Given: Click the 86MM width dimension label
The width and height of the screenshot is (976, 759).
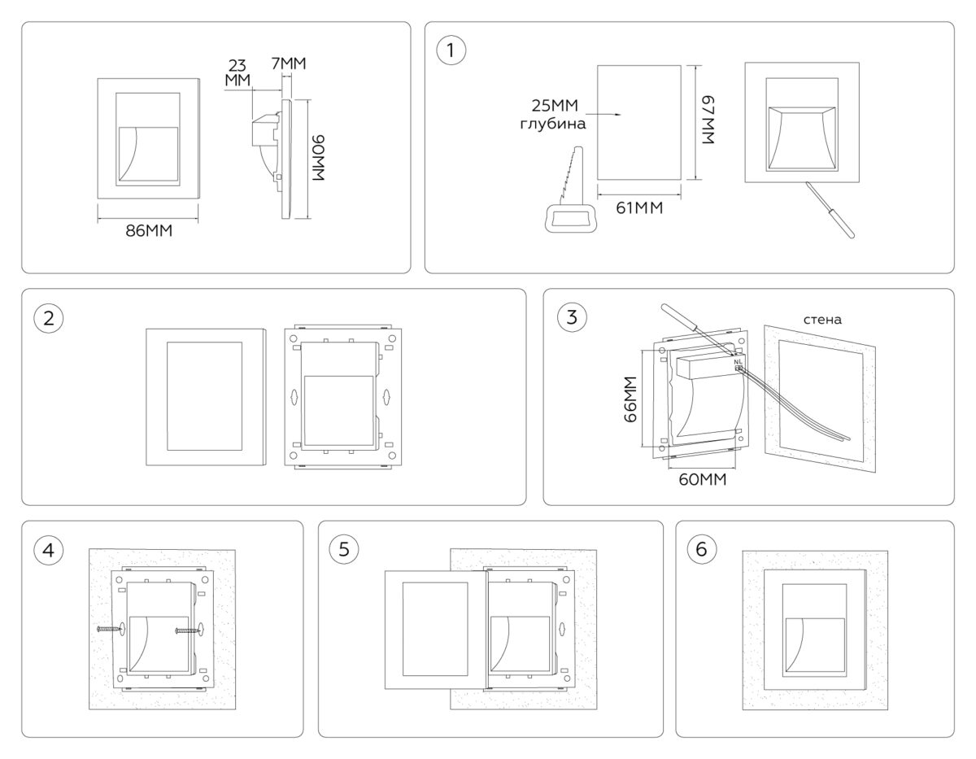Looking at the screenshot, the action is click(149, 231).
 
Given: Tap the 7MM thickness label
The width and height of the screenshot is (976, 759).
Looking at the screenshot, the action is click(289, 63).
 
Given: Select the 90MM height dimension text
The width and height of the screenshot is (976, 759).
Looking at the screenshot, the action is click(318, 158).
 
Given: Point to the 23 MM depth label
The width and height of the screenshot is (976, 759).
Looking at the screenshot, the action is click(237, 72).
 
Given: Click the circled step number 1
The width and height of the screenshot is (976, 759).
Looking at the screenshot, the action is click(451, 50).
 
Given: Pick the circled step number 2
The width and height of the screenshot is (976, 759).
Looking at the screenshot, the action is click(49, 318).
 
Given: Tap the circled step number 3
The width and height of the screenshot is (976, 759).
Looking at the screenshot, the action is click(572, 317).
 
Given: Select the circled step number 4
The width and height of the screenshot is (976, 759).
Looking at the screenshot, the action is click(49, 550).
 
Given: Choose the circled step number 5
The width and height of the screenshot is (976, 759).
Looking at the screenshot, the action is click(343, 549).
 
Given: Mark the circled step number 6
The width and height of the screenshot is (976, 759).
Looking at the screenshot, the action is click(702, 549).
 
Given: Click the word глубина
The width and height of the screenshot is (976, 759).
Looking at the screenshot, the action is click(553, 124).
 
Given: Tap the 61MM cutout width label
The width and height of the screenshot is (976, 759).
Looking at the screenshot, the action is click(639, 208).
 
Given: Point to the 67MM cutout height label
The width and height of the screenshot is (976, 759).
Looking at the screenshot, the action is click(708, 120).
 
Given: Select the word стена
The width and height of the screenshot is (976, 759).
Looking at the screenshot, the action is click(822, 320).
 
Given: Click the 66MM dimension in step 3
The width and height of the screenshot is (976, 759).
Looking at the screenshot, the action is click(630, 399).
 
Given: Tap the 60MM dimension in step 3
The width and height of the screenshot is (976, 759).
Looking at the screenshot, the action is click(703, 480).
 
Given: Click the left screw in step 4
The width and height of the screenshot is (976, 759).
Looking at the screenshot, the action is click(109, 629).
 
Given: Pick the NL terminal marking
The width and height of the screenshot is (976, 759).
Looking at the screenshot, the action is click(738, 361).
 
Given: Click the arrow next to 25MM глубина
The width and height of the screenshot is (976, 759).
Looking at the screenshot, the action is click(603, 115).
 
